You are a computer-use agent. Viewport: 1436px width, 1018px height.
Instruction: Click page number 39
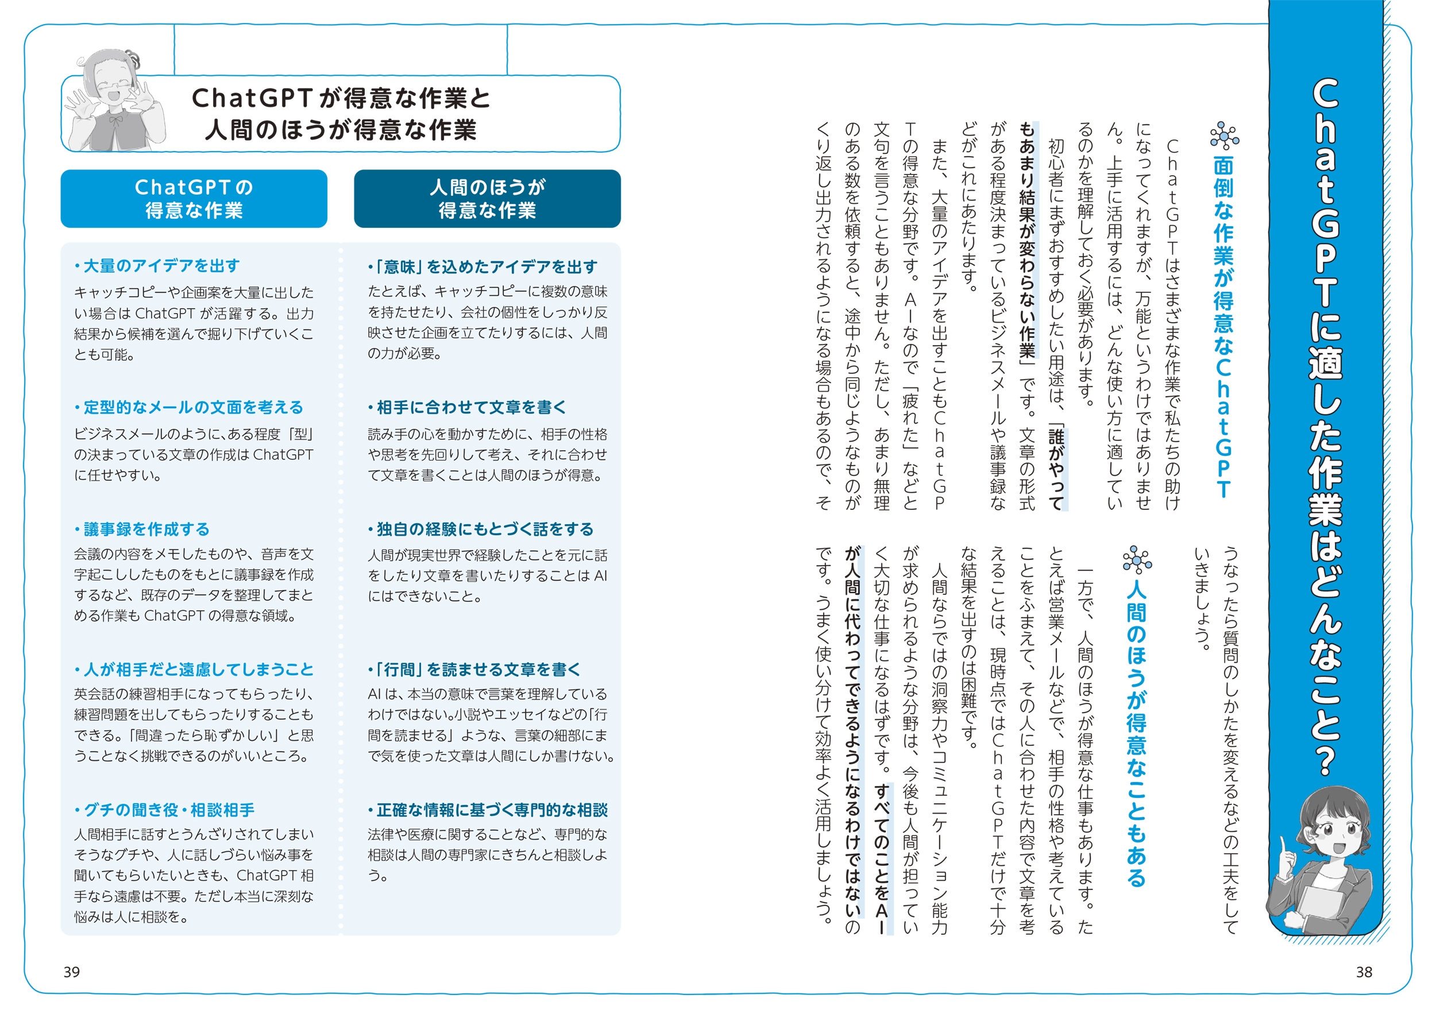coord(71,971)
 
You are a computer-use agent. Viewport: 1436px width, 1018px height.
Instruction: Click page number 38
coord(1364,971)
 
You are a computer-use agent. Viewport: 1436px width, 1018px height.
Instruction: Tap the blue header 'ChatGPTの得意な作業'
coord(194,199)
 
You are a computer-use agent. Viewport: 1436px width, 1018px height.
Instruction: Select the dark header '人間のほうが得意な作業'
coord(487,199)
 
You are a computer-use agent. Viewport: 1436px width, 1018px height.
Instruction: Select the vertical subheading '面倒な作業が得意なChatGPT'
coord(1223,326)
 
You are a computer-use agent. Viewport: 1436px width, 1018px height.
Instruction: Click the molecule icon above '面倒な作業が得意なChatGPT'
coord(1223,136)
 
